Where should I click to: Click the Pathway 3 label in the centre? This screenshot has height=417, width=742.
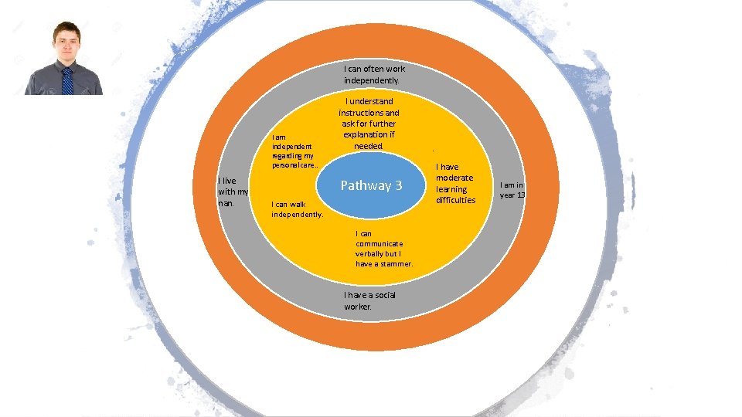pyautogui.click(x=372, y=185)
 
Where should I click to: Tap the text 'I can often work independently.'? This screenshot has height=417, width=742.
pyautogui.click(x=374, y=75)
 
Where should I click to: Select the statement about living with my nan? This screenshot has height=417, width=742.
pyautogui.click(x=233, y=192)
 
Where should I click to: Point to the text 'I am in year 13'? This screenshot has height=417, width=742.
pyautogui.click(x=512, y=190)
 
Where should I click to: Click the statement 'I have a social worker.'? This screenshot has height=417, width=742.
pyautogui.click(x=369, y=300)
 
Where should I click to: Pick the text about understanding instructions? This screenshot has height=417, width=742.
pyautogui.click(x=369, y=124)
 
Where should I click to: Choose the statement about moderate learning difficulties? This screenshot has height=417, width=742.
pyautogui.click(x=456, y=184)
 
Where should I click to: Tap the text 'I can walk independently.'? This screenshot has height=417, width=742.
pyautogui.click(x=297, y=209)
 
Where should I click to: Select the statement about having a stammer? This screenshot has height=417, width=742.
pyautogui.click(x=384, y=249)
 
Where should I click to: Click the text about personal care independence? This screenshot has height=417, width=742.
pyautogui.click(x=294, y=151)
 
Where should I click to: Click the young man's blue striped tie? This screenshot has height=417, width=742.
pyautogui.click(x=67, y=81)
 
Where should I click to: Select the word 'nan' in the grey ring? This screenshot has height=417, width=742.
pyautogui.click(x=226, y=203)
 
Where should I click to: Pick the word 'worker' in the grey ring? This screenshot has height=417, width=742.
pyautogui.click(x=358, y=307)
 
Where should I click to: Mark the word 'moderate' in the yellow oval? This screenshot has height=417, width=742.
pyautogui.click(x=454, y=178)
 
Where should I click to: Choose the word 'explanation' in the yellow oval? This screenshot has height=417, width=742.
pyautogui.click(x=369, y=134)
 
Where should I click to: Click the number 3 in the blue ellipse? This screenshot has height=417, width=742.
pyautogui.click(x=399, y=185)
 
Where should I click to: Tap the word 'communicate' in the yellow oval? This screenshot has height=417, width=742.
pyautogui.click(x=380, y=244)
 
